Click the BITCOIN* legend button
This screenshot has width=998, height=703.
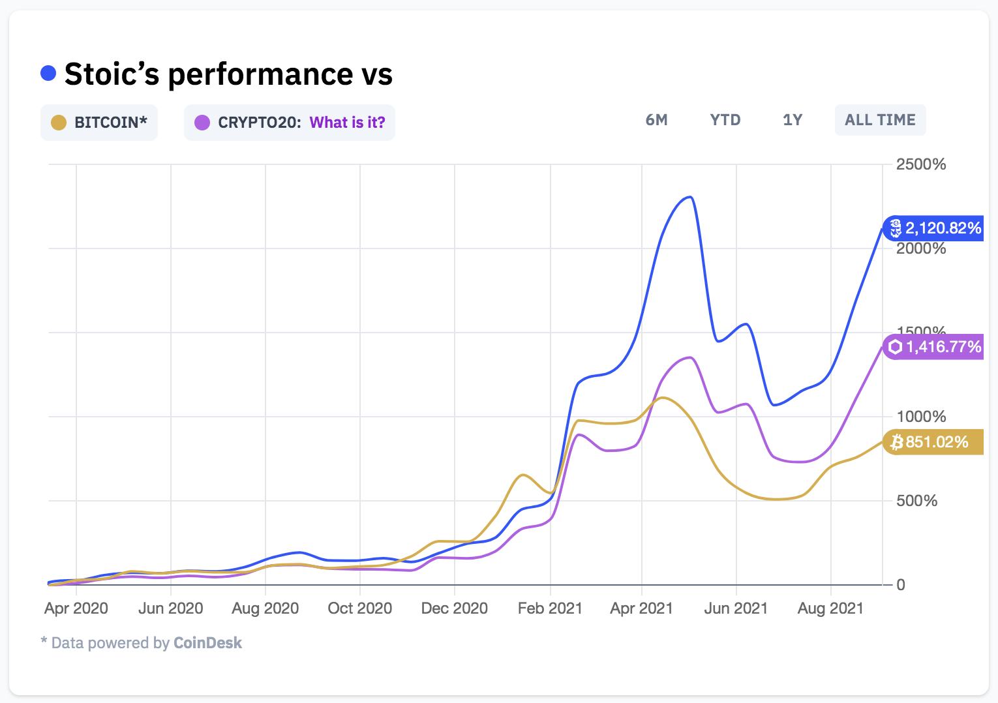[x=99, y=123]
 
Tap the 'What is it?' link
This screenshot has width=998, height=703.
[x=347, y=123]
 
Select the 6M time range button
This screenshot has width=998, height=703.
[x=656, y=120]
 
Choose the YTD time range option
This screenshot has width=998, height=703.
[x=725, y=120]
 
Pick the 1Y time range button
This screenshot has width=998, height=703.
[x=793, y=120]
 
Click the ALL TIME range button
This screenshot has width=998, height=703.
[x=880, y=120]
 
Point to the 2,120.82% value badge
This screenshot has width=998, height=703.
[x=934, y=228]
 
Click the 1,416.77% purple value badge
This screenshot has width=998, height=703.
[x=934, y=347]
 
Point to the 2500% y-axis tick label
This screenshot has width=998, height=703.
[x=920, y=164]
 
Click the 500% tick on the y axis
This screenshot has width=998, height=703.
[x=916, y=501]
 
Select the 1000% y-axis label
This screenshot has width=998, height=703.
[x=920, y=417]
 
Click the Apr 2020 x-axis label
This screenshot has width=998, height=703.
[x=76, y=608]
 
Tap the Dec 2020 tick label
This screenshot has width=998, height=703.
[x=455, y=608]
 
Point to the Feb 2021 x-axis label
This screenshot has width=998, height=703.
[x=550, y=608]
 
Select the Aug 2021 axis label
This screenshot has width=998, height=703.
[x=830, y=608]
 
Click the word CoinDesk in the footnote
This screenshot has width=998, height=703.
[x=207, y=643]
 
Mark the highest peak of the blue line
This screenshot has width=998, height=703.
[x=690, y=197]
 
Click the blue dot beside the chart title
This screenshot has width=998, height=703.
[x=48, y=73]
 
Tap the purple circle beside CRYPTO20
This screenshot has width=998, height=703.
[x=202, y=123]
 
